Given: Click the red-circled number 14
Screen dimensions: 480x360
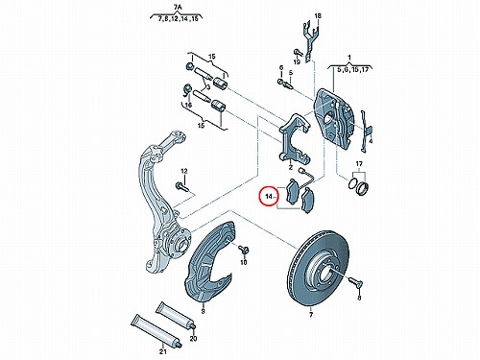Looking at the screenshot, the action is (x=269, y=196).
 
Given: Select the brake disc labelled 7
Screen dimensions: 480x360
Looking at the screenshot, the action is (x=318, y=268).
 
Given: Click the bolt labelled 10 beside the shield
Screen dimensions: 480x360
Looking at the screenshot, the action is (x=244, y=250).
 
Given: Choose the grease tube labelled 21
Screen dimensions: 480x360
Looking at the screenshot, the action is (x=156, y=330).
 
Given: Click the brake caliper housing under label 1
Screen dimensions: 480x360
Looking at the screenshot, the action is (x=334, y=119).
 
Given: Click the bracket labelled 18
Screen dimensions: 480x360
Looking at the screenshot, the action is (x=310, y=41).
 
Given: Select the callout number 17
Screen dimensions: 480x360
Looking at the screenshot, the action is (x=359, y=164).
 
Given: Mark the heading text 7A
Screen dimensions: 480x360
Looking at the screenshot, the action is (x=176, y=6).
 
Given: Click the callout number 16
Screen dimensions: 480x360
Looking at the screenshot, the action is (x=188, y=105).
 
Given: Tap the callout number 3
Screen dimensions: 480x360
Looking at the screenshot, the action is (x=207, y=87).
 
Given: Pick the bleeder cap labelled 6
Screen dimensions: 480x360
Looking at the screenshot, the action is (x=280, y=82).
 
